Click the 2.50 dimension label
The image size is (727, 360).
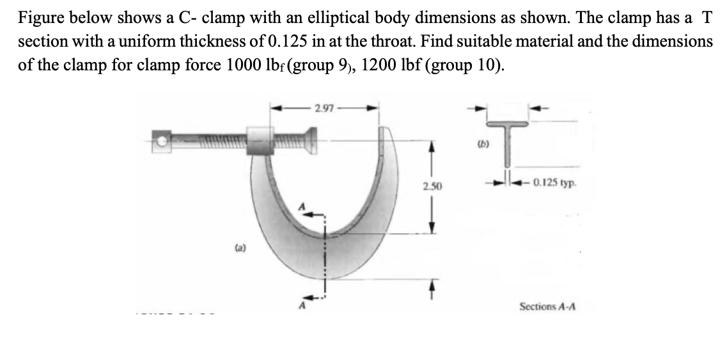[430, 186]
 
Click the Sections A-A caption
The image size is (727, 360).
[547, 308]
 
